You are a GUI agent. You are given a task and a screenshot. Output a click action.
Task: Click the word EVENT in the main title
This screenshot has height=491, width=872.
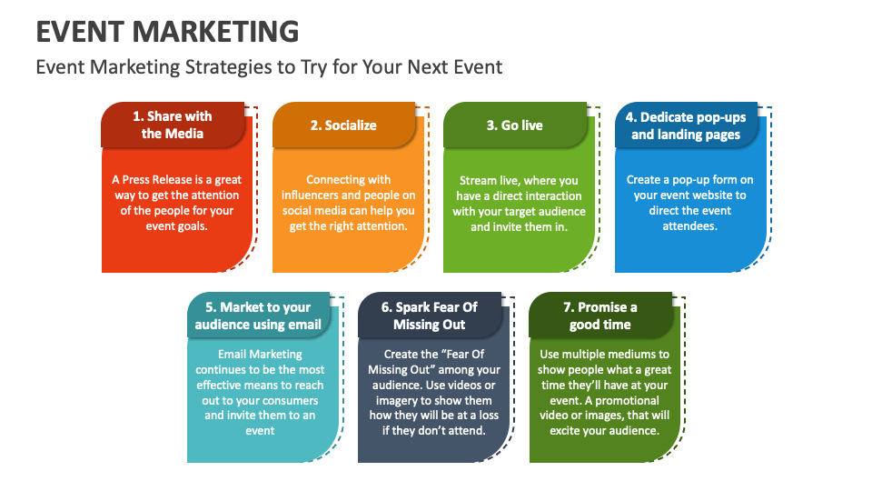point(81,30)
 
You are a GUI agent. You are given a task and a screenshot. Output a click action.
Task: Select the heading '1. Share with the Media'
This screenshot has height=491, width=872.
point(173,125)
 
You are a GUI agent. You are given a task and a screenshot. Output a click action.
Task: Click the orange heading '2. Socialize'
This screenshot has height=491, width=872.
point(343,125)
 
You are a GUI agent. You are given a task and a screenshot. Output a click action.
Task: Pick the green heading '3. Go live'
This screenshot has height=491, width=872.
point(514,125)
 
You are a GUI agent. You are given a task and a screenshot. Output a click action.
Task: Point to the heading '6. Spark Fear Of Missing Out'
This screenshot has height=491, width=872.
point(430,316)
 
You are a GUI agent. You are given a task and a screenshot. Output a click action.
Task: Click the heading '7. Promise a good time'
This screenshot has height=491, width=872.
point(600,316)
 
